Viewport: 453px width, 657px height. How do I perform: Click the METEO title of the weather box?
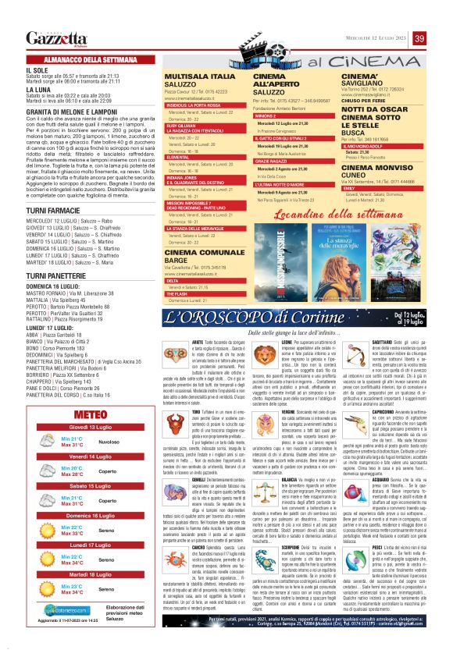92,414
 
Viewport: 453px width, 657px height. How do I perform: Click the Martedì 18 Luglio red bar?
92,574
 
